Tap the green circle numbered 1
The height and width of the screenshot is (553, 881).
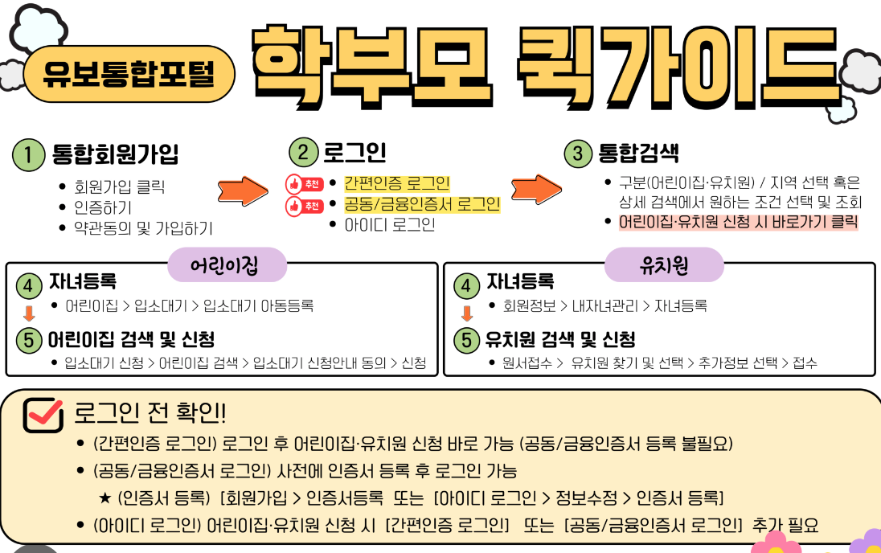pos(28,155)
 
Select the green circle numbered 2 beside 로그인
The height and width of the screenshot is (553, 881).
pos(304,153)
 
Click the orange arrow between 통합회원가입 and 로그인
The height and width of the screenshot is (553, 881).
pos(244,190)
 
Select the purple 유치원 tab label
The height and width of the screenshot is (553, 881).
pos(663,265)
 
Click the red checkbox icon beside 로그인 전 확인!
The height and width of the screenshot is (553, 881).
pos(43,414)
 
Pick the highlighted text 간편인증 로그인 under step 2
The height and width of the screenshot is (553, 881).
pos(397,183)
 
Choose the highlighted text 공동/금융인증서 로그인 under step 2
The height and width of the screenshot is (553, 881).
pos(422,204)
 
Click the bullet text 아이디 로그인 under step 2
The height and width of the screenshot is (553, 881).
pos(389,225)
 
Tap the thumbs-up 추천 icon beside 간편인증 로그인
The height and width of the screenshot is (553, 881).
pos(305,184)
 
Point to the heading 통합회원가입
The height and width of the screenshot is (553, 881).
pos(115,154)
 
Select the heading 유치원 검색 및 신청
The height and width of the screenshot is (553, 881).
pos(560,339)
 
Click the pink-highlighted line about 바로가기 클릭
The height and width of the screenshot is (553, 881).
pos(738,223)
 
